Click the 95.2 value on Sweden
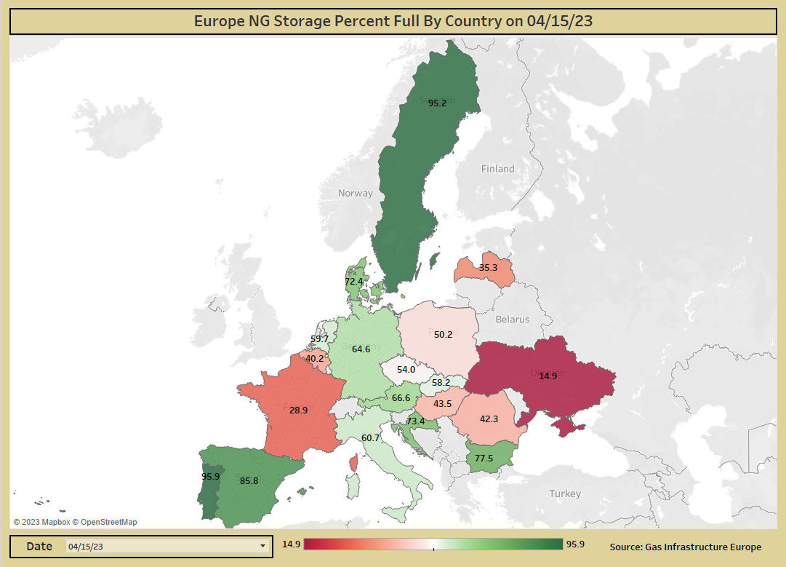coord(437,103)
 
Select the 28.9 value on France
coord(298,411)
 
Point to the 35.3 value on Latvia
coord(488,268)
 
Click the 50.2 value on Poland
coord(443,335)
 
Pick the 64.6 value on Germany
coord(361,349)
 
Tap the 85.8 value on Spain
coord(249,480)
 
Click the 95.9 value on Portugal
coord(210,477)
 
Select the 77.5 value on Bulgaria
coord(484,459)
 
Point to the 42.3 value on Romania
coord(489,419)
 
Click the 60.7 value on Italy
coord(370,438)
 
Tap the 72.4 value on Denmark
coord(353,282)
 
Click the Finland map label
coord(497,169)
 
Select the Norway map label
coord(355,194)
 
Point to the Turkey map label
coord(565,494)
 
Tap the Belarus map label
coord(513,320)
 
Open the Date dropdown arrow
coord(262,546)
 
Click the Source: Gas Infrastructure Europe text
coord(685,547)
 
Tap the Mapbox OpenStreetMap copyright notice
coord(75,522)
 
